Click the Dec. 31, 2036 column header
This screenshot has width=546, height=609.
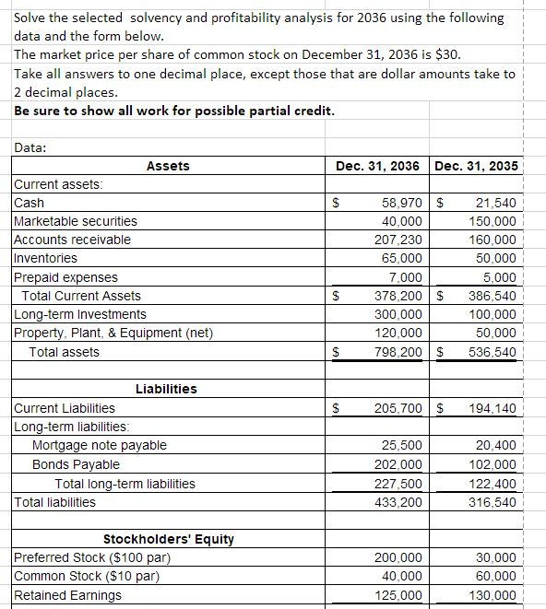[x=378, y=166]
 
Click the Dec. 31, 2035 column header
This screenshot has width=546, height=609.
[x=476, y=166]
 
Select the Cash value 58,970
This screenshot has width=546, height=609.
[x=401, y=203]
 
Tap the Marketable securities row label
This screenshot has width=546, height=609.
[x=76, y=221]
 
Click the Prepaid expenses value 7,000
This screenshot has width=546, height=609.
[x=406, y=277]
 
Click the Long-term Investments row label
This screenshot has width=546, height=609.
[x=80, y=314]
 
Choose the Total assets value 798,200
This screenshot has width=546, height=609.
[x=399, y=352]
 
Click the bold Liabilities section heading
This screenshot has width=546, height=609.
[x=166, y=389]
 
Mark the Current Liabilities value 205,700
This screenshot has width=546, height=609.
[x=399, y=408]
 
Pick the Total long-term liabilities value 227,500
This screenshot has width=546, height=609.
[x=399, y=484]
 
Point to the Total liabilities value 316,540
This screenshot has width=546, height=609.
[x=493, y=502]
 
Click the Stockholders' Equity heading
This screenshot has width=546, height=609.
[x=168, y=539]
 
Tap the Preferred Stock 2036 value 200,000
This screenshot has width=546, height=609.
[x=399, y=558]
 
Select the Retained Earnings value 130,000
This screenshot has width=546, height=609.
[x=493, y=596]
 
